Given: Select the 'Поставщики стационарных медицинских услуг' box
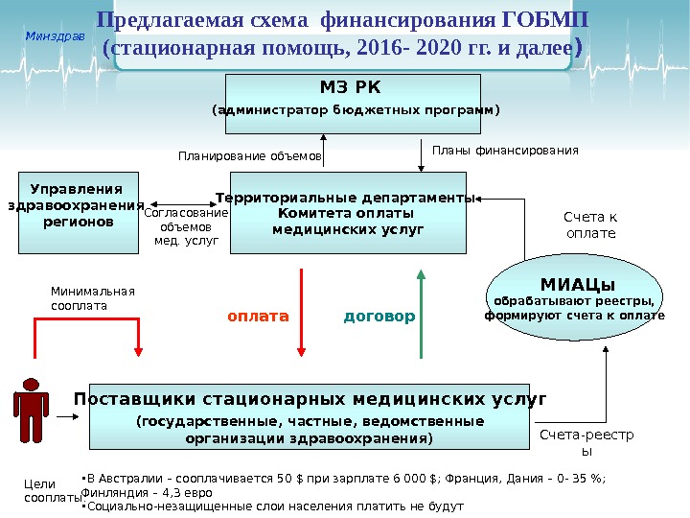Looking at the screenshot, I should coord(310,416).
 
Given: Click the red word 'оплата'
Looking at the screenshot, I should coord(258,315).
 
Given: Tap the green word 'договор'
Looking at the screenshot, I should coord(379,316).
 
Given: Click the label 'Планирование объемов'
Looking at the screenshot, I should coord(250,153).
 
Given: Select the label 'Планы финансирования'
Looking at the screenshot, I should coord(506,151).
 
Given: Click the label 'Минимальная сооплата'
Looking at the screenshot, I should coord(92,298).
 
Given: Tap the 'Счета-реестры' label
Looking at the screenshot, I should coord(587,442).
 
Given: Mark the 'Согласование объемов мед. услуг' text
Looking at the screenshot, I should coord(187,227).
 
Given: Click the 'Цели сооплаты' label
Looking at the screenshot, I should coord(39,491).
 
